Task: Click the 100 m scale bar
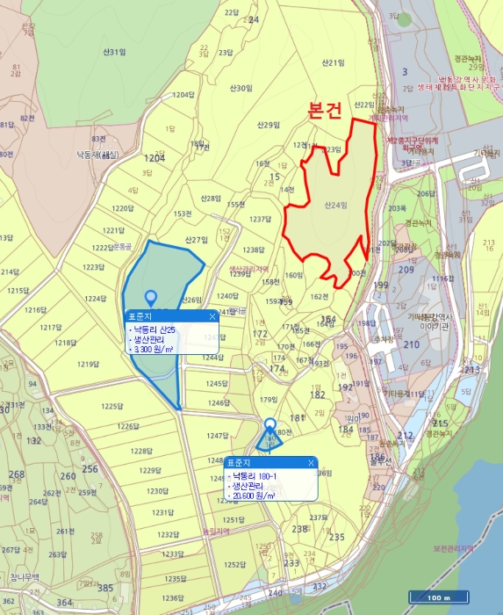[x=439, y=597]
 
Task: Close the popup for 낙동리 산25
[x=212, y=315]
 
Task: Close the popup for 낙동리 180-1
[x=311, y=462]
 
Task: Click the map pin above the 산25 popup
[x=151, y=300]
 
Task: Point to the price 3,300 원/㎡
[x=157, y=349]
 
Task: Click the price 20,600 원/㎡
[x=254, y=496]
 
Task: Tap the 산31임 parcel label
[x=111, y=53]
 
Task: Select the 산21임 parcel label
[x=333, y=62]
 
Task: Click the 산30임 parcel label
[x=241, y=88]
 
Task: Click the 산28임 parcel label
[x=210, y=199]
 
